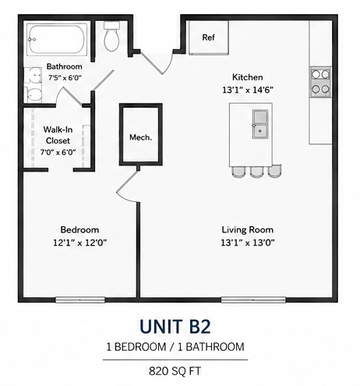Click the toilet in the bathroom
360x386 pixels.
(x=111, y=37)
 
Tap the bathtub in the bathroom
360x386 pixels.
(x=57, y=39)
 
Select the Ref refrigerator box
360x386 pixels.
(x=209, y=37)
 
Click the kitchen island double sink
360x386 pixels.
(x=260, y=124)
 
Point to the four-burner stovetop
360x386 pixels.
(x=320, y=82)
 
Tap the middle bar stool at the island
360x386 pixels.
(x=256, y=172)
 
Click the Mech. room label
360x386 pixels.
(x=140, y=137)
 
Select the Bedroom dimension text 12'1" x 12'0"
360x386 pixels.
(x=80, y=243)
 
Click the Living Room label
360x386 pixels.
(x=248, y=230)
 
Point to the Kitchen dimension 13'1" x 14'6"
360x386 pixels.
(x=248, y=90)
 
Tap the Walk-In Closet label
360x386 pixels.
(x=58, y=135)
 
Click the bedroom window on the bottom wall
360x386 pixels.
(x=80, y=299)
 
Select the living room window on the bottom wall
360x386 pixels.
(x=253, y=299)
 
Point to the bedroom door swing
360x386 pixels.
(x=127, y=185)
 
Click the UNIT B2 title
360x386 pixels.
(x=175, y=327)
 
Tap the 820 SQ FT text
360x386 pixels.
(x=175, y=371)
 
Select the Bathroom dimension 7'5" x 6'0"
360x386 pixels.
(x=65, y=77)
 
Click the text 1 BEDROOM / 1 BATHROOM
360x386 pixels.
(x=175, y=347)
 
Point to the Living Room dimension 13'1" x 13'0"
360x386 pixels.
(x=248, y=243)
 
